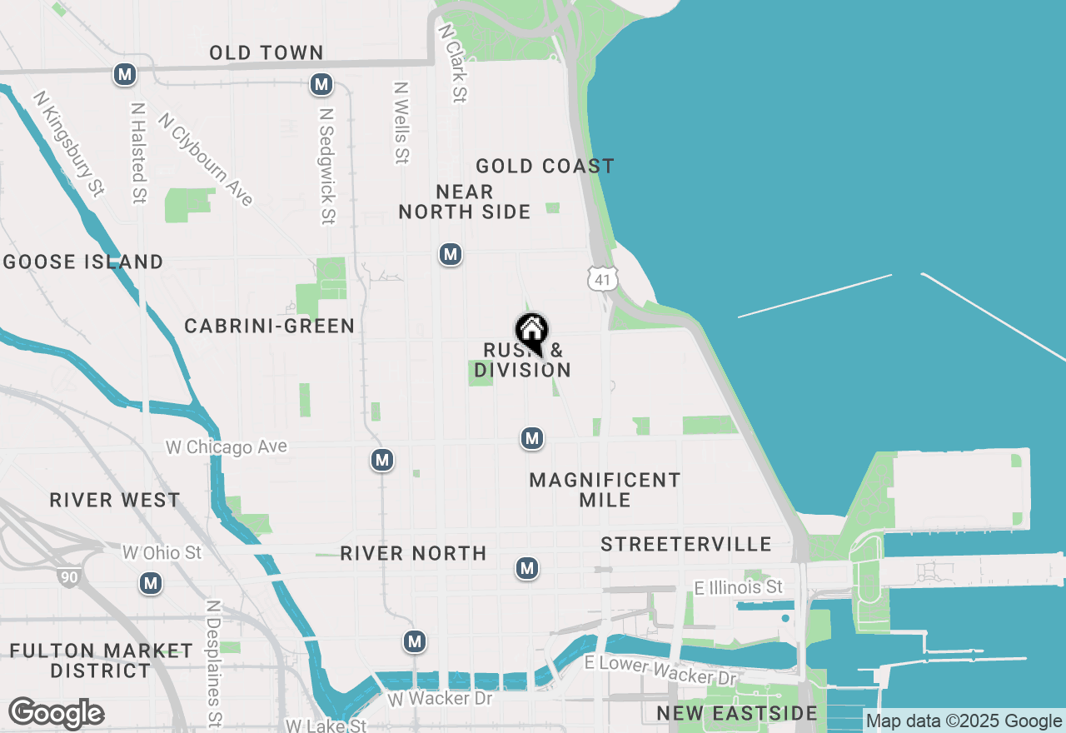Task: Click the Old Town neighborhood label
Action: pos(266,53)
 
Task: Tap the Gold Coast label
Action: pos(545,167)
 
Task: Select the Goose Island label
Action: pos(83,262)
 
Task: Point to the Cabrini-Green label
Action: pos(270,326)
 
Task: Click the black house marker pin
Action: pos(531,332)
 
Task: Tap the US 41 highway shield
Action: pos(601,279)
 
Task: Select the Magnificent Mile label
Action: pos(605,490)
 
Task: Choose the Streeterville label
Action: pos(686,545)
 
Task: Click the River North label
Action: pos(413,553)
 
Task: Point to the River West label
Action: pos(115,501)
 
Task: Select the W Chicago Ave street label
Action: pos(227,447)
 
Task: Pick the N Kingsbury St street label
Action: pos(68,143)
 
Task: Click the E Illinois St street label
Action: pos(739,587)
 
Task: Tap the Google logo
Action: pos(56,714)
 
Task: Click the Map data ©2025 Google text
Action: pos(964,721)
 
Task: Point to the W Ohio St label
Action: pos(162,552)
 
